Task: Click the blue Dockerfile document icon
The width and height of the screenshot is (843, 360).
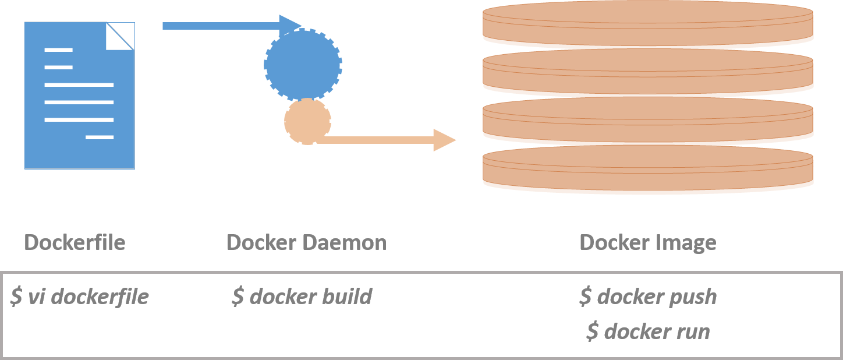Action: coord(79,96)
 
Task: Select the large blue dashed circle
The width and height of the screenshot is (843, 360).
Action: coord(303,64)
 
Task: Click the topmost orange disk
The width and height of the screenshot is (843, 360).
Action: coord(647,23)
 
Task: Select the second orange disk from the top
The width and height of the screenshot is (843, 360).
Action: coord(647,70)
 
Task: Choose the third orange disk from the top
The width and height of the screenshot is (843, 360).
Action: coord(647,119)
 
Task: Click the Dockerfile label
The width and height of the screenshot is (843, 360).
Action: coord(75,242)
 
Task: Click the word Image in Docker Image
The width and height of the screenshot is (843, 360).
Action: coord(687,242)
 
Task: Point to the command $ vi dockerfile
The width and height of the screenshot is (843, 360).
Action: coord(80,297)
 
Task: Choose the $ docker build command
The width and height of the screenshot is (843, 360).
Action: coord(302,297)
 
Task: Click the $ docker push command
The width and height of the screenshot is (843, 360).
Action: coord(648,297)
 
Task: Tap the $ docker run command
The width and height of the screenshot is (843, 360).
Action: coord(648,331)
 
